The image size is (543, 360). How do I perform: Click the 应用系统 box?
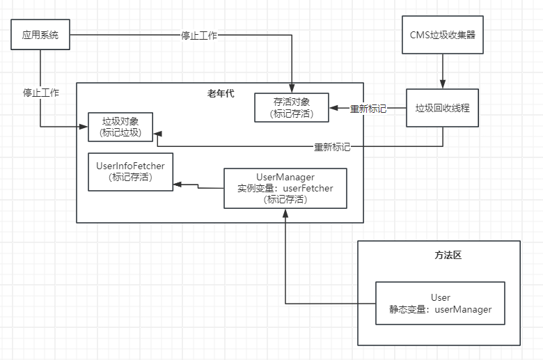click(41, 34)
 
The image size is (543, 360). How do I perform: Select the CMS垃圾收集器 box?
click(443, 35)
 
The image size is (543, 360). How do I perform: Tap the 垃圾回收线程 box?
click(443, 108)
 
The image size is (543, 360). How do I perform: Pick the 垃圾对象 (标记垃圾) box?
click(120, 127)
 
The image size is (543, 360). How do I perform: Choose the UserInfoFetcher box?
click(130, 172)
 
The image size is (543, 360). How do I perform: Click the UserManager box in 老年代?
click(285, 188)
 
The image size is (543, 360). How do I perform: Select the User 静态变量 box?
click(440, 304)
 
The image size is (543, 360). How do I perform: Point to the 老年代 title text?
click(219, 93)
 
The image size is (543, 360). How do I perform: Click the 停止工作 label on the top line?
click(198, 35)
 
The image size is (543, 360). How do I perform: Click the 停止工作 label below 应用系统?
click(40, 92)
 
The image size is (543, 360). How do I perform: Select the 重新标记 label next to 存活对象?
click(368, 109)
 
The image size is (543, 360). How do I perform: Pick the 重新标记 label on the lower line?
click(331, 147)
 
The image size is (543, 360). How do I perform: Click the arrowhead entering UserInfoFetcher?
click(178, 184)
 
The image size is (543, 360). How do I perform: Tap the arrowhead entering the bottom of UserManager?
click(285, 212)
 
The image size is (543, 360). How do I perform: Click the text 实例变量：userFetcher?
click(285, 188)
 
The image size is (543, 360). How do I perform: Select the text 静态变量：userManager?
click(440, 309)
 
